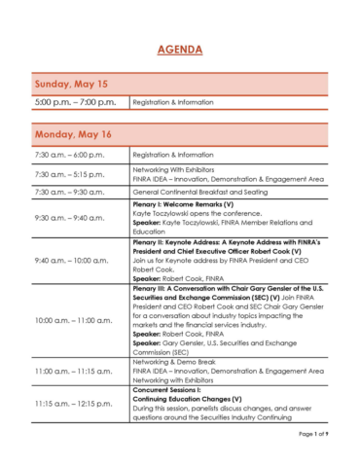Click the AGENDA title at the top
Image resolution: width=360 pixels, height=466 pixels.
180,50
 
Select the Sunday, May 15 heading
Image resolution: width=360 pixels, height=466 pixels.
71,84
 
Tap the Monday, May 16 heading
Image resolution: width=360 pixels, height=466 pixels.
74,134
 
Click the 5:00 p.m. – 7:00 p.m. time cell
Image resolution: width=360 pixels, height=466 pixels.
75,101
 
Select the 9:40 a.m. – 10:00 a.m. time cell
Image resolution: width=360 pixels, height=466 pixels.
74,261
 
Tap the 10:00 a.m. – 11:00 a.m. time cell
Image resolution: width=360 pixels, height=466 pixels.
76,320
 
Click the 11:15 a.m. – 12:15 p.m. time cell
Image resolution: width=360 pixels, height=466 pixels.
76,403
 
